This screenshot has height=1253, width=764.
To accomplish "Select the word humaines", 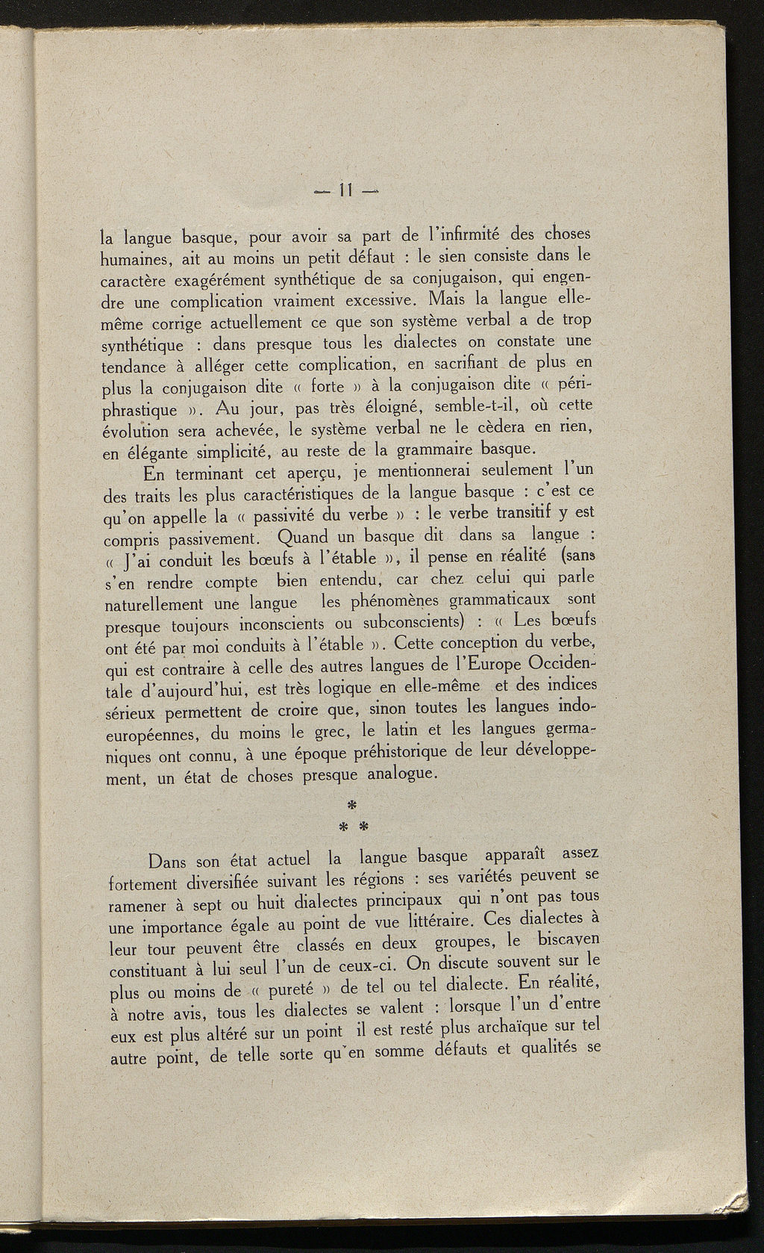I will (x=133, y=261).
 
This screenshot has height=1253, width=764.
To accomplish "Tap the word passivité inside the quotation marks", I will (x=288, y=515).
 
